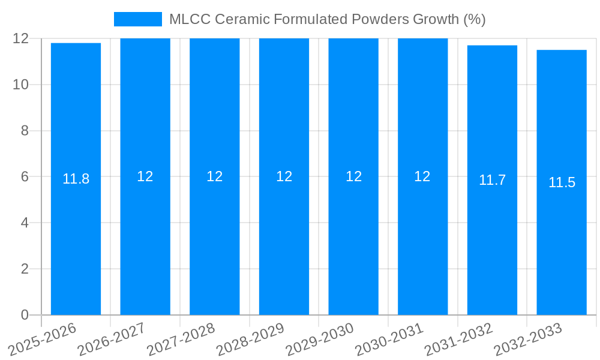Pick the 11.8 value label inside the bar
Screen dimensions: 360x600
(76, 179)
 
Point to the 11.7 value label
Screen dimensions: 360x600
(492, 180)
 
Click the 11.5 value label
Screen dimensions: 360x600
(562, 182)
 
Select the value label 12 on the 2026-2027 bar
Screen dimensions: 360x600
(145, 176)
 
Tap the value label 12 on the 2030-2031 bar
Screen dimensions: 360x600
(422, 176)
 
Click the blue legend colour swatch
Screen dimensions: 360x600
(138, 19)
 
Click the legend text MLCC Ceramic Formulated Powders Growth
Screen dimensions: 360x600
(327, 19)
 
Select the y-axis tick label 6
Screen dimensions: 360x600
(25, 177)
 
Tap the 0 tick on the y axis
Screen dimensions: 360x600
(25, 315)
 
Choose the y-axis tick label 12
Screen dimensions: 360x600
(21, 38)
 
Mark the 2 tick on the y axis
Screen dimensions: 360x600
(25, 269)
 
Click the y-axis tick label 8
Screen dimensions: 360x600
(25, 131)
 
